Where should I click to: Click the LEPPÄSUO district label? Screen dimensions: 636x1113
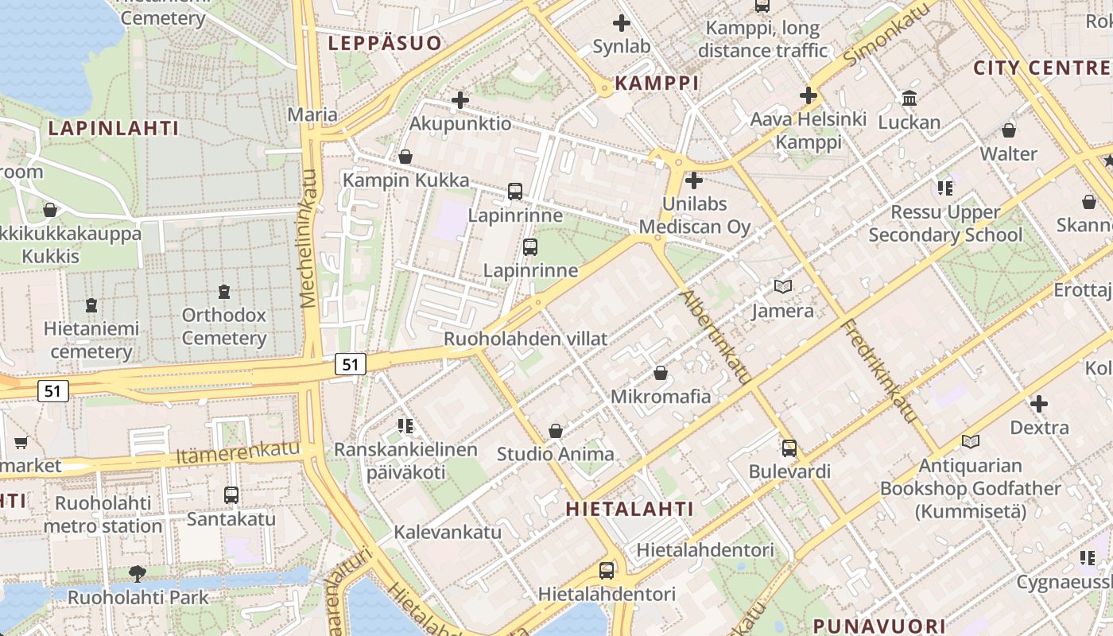click(385, 43)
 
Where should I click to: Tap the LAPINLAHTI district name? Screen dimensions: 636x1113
click(114, 128)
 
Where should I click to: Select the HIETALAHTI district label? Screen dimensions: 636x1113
click(630, 509)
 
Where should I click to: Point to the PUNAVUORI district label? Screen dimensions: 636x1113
click(879, 626)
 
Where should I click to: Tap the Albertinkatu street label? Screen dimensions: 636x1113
click(715, 338)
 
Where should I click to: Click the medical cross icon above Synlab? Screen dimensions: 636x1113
click(622, 23)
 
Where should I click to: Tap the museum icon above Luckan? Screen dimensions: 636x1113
click(909, 99)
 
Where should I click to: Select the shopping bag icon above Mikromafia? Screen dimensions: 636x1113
click(660, 372)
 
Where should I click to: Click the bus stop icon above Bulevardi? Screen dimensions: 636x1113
click(789, 448)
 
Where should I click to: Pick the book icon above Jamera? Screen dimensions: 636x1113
click(783, 286)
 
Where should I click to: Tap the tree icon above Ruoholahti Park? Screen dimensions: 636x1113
click(138, 573)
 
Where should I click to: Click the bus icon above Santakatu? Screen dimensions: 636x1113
click(231, 494)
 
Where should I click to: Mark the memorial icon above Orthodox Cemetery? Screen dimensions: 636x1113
click(224, 291)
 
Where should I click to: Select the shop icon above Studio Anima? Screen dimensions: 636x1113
click(556, 431)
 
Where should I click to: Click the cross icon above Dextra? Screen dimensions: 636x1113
click(1039, 404)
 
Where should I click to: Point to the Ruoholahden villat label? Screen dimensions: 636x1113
click(525, 339)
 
